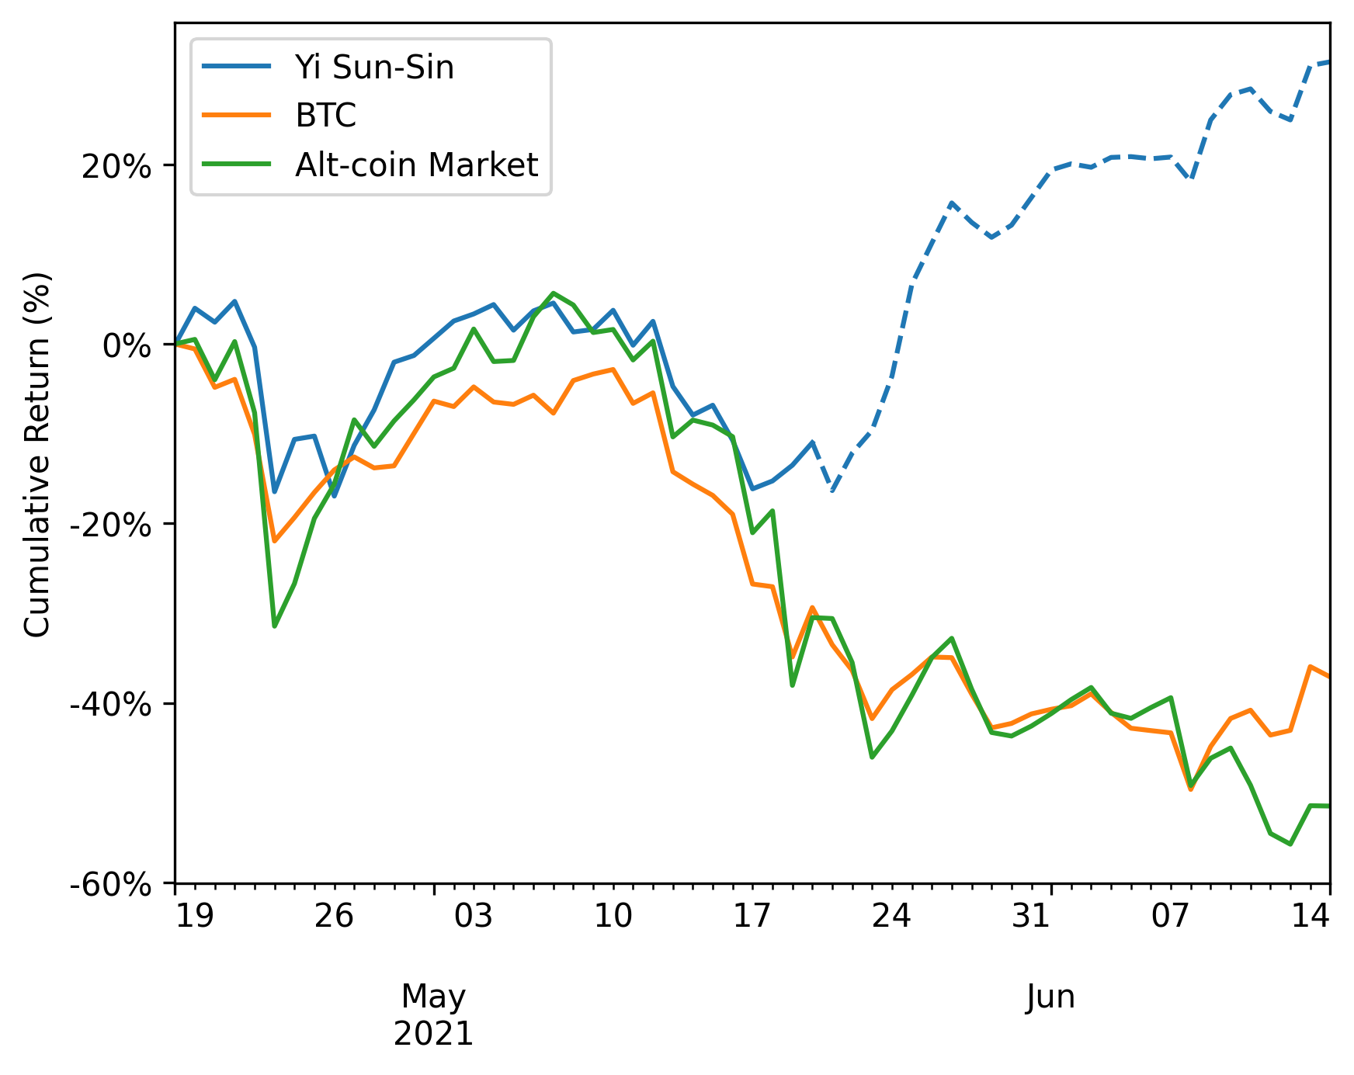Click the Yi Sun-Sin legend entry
coord(373,68)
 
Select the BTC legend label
coord(325,116)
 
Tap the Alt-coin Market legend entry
coord(416,165)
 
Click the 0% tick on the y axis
coord(127,345)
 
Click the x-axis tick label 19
coord(194,917)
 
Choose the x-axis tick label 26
coord(334,917)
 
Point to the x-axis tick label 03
coord(473,917)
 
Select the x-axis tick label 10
coord(613,917)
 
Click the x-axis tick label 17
coord(752,917)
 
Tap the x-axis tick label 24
coord(891,917)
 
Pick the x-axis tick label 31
coord(1031,917)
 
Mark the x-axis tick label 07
coord(1170,917)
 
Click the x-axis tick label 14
coord(1310,917)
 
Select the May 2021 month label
coord(434,1014)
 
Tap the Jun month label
coord(1050,997)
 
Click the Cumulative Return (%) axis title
coord(37,454)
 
